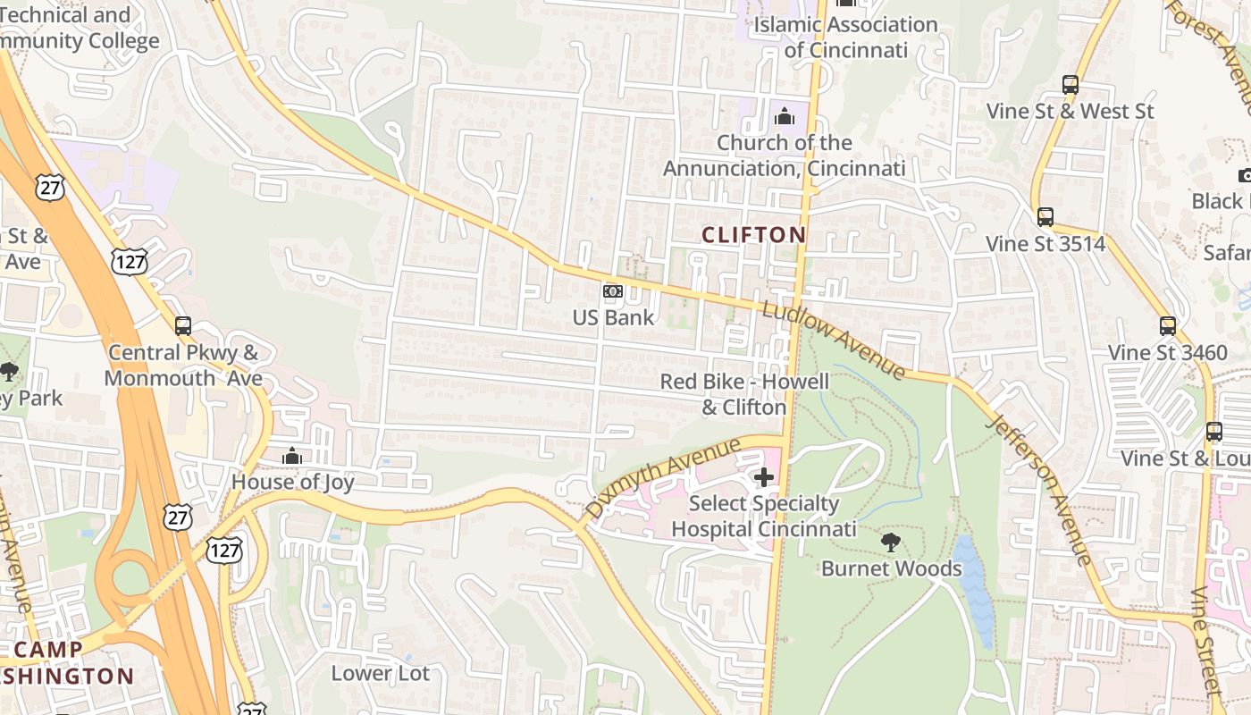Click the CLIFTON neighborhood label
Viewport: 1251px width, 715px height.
(753, 235)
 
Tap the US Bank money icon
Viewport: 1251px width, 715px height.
(612, 291)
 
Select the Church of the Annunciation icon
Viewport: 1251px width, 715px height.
(784, 116)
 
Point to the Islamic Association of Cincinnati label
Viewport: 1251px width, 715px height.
(845, 37)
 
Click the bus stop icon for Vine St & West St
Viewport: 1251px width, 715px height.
(1070, 86)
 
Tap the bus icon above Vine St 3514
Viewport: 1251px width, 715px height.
(1045, 217)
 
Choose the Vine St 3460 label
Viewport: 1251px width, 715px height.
(1167, 353)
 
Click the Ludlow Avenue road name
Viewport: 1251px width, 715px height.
(833, 340)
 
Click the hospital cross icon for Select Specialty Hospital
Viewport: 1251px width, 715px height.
(763, 477)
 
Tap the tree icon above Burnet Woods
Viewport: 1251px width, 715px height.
(890, 542)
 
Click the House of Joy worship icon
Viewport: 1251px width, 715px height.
(292, 457)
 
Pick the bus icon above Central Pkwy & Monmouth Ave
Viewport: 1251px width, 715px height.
(183, 326)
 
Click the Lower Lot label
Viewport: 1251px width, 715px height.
(380, 673)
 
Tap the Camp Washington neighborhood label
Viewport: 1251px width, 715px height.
(67, 662)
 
